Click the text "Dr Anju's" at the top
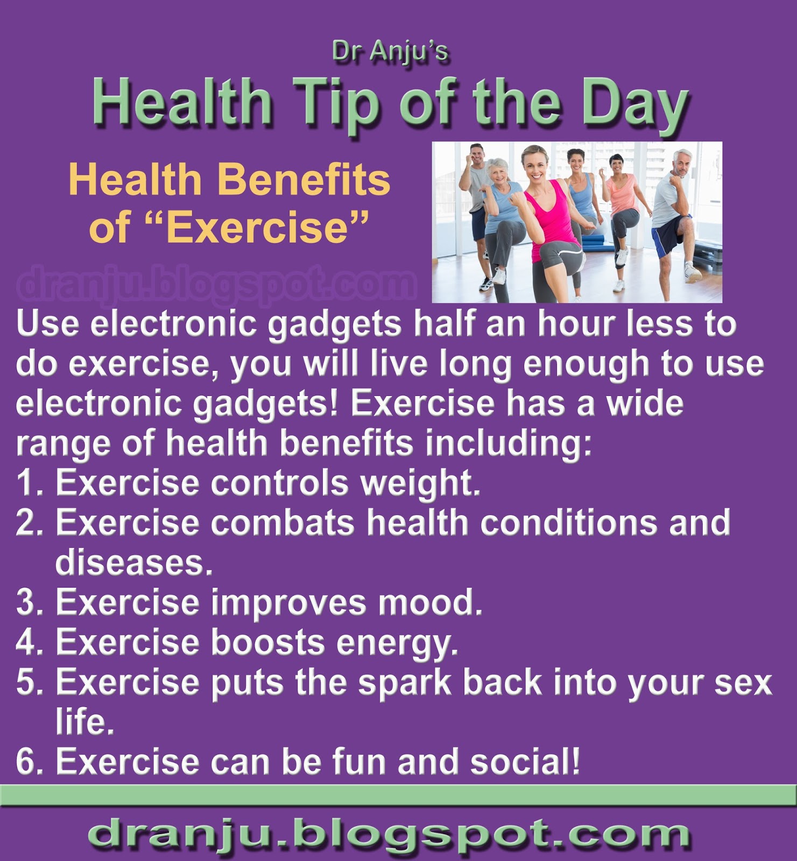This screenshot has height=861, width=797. (x=390, y=52)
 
